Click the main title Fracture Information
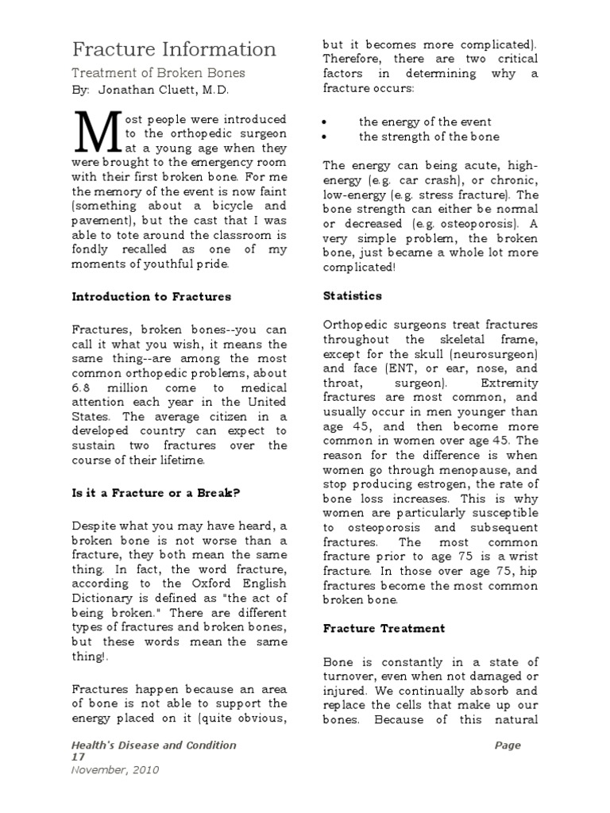point(175,49)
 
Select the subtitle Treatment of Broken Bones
point(159,73)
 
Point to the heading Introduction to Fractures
point(152,296)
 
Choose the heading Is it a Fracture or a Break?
point(156,492)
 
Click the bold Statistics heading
point(352,295)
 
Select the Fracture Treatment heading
point(384,628)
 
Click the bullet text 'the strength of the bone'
point(429,137)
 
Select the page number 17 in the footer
point(79,757)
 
